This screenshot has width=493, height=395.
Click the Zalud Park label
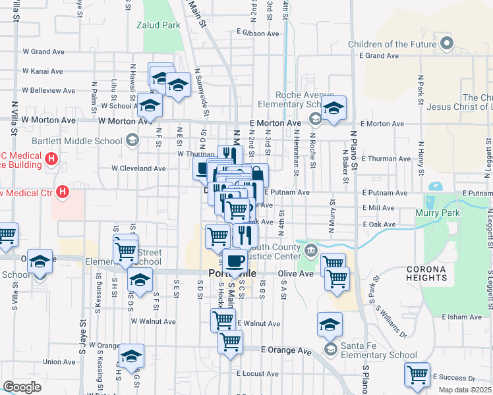pos(158,26)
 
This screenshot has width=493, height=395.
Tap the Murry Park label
pos(437,213)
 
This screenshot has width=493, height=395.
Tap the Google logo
pos(22,386)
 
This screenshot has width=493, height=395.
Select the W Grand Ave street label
pos(42,51)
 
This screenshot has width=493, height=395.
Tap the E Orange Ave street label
pos(285,351)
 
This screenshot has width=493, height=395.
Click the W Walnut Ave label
pos(153,321)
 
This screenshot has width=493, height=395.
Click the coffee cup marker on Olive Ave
pos(235,261)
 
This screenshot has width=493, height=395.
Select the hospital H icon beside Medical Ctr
pos(63,192)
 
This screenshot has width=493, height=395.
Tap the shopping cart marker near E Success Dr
pos(417,375)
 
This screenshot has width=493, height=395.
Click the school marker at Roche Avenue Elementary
pos(334,109)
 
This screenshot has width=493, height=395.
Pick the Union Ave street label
pos(59,361)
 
